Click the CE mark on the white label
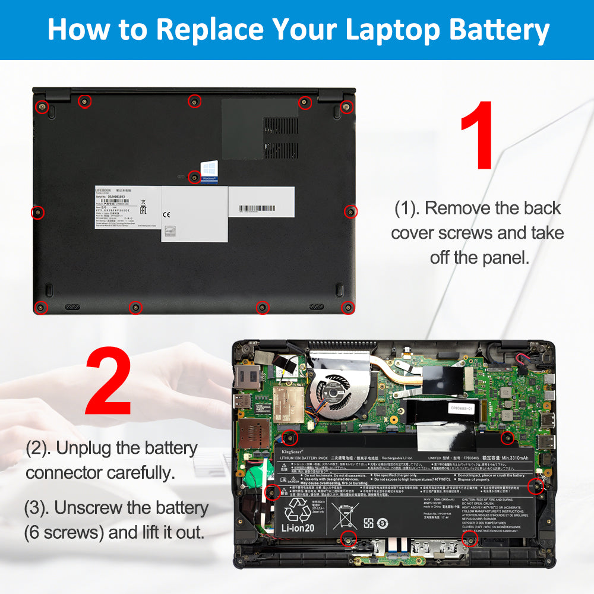(x=167, y=214)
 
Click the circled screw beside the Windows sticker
(x=194, y=176)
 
